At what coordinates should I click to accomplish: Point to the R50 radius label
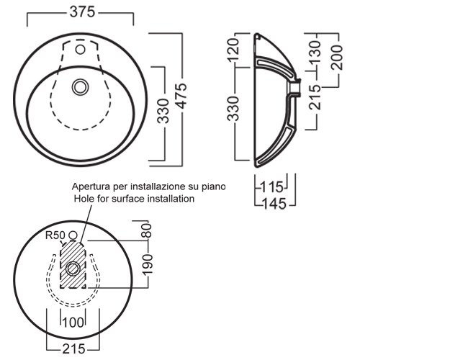pos(55,235)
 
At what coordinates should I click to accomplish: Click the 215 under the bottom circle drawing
pos(71,348)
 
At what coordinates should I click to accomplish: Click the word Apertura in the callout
pos(93,186)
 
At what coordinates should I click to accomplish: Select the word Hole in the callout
pos(84,198)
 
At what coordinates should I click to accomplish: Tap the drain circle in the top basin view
pos(79,87)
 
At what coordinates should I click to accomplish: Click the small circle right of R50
pos(72,235)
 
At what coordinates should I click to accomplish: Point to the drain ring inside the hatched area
pos(73,269)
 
